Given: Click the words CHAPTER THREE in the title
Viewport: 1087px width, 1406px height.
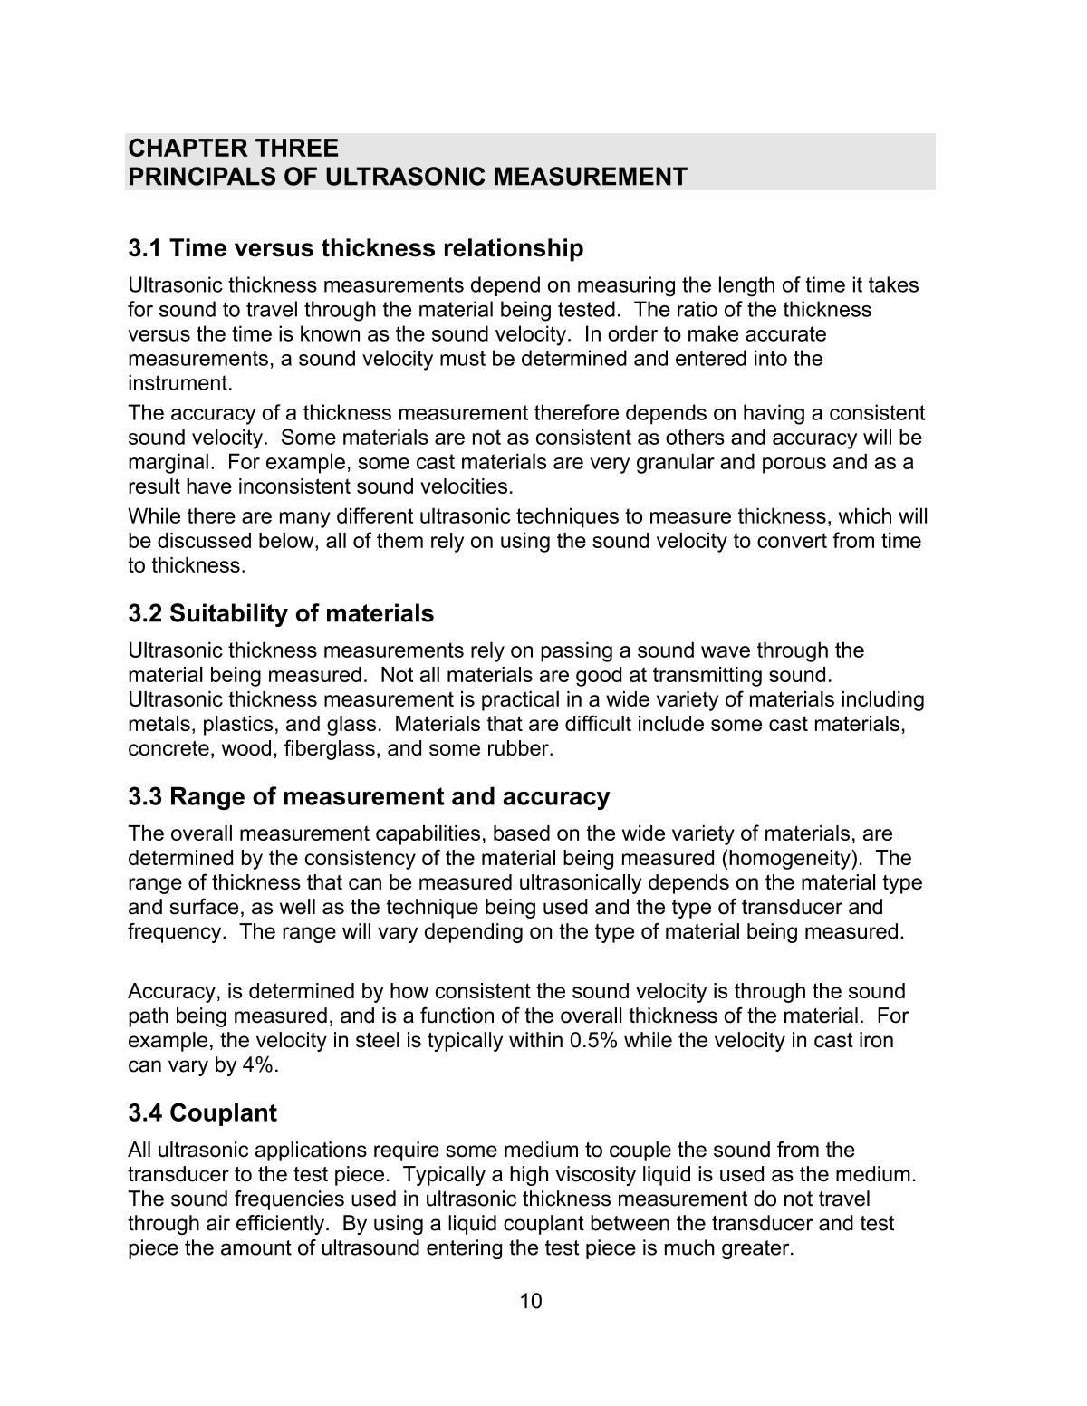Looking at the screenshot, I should pos(233,148).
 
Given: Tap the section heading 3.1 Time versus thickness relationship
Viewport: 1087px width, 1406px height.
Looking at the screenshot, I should pos(355,248).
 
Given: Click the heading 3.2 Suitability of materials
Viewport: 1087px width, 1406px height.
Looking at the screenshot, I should pos(281,614).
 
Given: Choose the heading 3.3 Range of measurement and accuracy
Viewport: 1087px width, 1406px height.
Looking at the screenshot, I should pos(369,797).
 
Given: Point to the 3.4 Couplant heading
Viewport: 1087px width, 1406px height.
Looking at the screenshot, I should pos(202,1113).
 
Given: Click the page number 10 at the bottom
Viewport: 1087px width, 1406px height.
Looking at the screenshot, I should pos(531,1302).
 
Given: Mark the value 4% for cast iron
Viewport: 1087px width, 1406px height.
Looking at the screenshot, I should pos(257,1064).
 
